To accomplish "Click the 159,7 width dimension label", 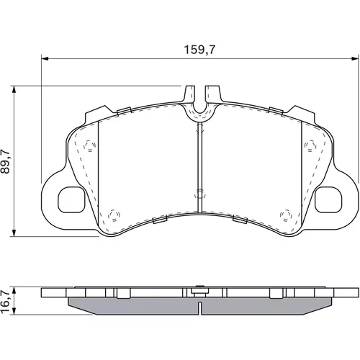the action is pos(199,50).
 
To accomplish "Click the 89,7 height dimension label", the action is pos(5,161).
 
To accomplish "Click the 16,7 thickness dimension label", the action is pos(5,301).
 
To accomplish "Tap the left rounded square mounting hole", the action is pos(71,199).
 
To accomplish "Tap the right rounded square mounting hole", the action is pos(328,199).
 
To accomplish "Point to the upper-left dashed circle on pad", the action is pos(90,145).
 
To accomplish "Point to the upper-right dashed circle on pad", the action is pos(310,145).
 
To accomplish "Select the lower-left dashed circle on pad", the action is pos(114,215).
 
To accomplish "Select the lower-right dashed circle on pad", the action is pos(286,215).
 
